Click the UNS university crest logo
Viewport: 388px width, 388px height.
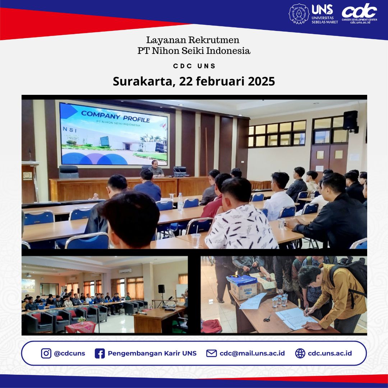coord(299,14)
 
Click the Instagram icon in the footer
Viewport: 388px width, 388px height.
coord(46,353)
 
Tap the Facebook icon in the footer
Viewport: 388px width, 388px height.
coord(100,353)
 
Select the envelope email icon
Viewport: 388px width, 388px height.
coord(211,353)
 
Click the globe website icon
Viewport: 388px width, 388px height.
coord(300,353)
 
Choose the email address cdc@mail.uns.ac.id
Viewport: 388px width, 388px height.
coord(252,353)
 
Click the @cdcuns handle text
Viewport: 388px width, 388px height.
coord(69,353)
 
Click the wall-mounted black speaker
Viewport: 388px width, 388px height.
coord(350,121)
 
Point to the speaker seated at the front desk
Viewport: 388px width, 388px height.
coord(157,168)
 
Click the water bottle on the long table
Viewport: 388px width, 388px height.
coord(180,202)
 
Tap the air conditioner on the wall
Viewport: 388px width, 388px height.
coord(125,271)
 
